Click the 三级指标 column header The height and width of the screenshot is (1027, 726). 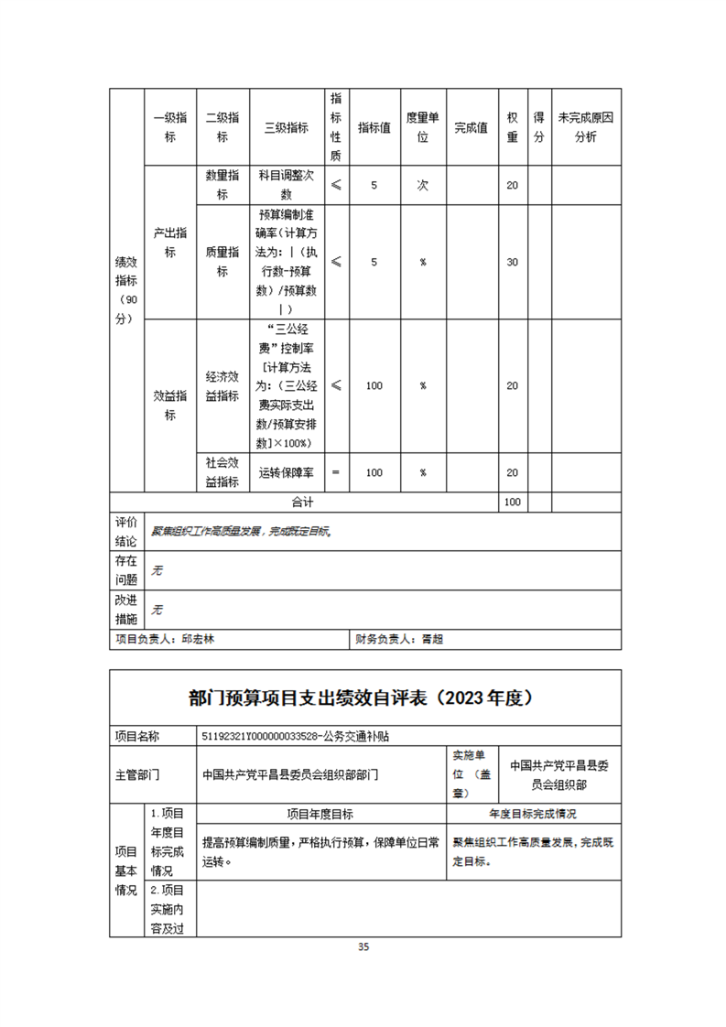click(286, 128)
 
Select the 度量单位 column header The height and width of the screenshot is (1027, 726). click(423, 128)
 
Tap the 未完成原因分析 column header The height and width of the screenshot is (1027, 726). click(586, 128)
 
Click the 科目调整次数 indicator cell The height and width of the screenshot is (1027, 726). click(286, 185)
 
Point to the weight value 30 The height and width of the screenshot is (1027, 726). click(513, 262)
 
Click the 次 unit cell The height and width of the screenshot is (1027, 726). click(423, 185)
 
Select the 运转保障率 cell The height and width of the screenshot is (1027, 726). click(286, 472)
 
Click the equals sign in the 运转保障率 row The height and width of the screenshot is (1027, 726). click(336, 472)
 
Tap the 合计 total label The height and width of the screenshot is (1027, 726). click(303, 502)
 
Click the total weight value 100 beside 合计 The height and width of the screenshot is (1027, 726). click(513, 502)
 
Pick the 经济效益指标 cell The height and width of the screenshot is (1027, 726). click(222, 385)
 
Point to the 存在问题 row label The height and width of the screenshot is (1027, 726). click(126, 569)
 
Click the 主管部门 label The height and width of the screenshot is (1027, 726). click(137, 773)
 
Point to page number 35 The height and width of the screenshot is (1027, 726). click(363, 947)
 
